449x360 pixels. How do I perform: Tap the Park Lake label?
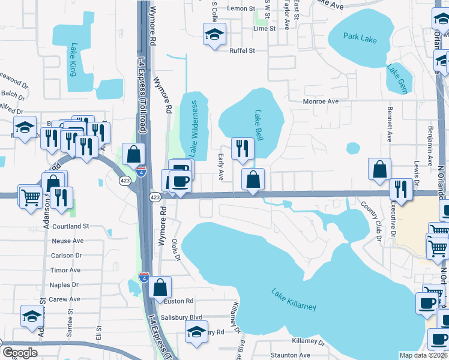click(360, 37)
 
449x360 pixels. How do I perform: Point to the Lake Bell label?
click(259, 124)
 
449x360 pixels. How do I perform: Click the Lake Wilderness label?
click(194, 128)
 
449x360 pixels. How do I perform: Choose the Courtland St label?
click(70, 226)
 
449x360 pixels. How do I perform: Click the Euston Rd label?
click(181, 301)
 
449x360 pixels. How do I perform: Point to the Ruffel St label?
click(243, 51)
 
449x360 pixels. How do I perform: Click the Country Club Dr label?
click(371, 218)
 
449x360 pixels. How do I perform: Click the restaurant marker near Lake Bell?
click(242, 149)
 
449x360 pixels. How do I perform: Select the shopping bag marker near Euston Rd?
click(161, 287)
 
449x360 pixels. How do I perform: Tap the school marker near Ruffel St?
click(212, 34)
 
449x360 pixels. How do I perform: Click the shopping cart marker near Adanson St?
click(30, 196)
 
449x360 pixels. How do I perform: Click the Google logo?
click(20, 353)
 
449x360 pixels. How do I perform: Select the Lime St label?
click(264, 28)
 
